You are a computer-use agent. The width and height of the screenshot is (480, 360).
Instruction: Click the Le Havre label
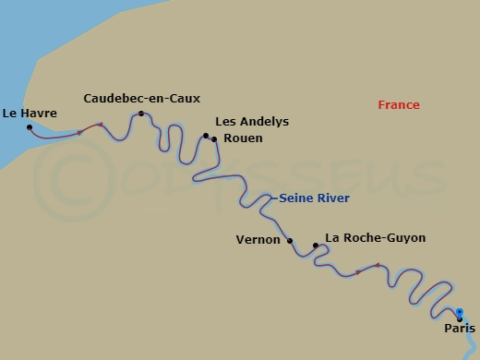pos(30,114)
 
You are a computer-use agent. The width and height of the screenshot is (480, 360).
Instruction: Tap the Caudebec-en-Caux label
pos(141,98)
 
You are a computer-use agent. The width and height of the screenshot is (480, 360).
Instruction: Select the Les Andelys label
pos(252,121)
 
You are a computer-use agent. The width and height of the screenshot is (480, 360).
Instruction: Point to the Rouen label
pos(243,138)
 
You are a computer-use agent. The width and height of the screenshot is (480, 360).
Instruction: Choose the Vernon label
pos(258,239)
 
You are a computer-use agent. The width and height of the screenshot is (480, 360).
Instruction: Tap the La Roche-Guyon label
pos(376,238)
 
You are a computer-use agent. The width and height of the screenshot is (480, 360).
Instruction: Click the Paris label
pos(460,329)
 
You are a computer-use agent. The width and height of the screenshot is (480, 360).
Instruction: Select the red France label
pos(399,105)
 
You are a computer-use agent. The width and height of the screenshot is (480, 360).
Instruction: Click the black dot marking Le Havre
pos(30,127)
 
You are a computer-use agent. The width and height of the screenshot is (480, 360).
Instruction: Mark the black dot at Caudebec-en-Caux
pos(141,114)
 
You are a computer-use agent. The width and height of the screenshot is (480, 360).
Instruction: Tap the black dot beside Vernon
pos(290,241)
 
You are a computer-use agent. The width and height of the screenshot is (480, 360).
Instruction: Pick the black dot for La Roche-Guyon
pos(316,246)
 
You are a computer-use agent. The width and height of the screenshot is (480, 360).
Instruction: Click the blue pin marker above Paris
pos(460,312)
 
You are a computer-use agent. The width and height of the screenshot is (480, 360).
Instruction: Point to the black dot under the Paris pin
pos(460,319)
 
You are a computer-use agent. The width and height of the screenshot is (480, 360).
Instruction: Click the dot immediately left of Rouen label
pos(214,139)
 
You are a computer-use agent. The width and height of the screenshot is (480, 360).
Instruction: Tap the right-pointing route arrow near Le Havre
pos(81,133)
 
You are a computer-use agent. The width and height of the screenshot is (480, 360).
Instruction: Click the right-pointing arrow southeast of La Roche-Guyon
pos(358,273)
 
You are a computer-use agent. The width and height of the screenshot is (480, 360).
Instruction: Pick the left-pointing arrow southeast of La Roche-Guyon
pos(375,267)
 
